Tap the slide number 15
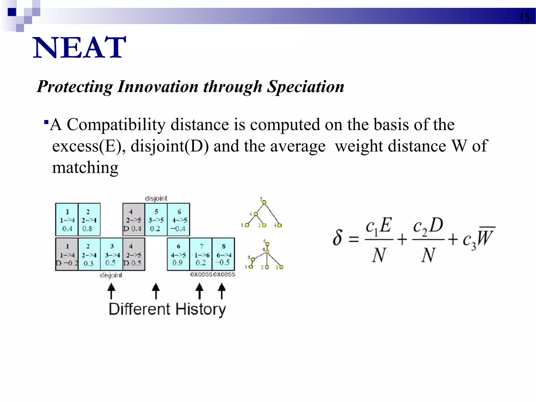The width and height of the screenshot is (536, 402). coord(525,18)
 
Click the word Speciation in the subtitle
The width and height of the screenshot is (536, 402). coord(305,86)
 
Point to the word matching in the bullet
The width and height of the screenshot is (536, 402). coord(85,167)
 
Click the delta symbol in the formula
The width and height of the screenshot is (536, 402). coord(338,238)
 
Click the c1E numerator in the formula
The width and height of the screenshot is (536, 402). coord(378,226)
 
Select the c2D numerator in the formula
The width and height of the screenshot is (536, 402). coord(428,226)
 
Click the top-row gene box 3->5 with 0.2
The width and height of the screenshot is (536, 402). coord(156,220)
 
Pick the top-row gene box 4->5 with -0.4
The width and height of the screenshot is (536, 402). coord(179,220)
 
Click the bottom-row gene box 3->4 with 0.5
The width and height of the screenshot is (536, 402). coord(111,254)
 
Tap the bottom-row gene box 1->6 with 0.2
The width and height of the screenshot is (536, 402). coord(201,254)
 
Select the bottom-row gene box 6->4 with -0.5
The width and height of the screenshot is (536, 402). coord(224,254)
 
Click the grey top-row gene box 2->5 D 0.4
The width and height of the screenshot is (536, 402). coord(133,220)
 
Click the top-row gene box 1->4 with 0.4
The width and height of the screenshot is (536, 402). coord(67,220)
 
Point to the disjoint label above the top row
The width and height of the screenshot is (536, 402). coord(156,198)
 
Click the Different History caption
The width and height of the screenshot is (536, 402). coord(167,309)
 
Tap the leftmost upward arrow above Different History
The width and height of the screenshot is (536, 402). coord(111,291)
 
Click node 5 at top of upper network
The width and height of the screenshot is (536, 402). coord(264,202)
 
